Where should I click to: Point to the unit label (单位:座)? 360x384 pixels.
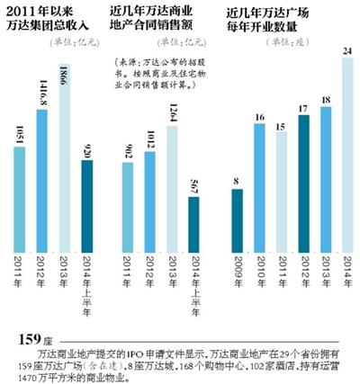[330, 45]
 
